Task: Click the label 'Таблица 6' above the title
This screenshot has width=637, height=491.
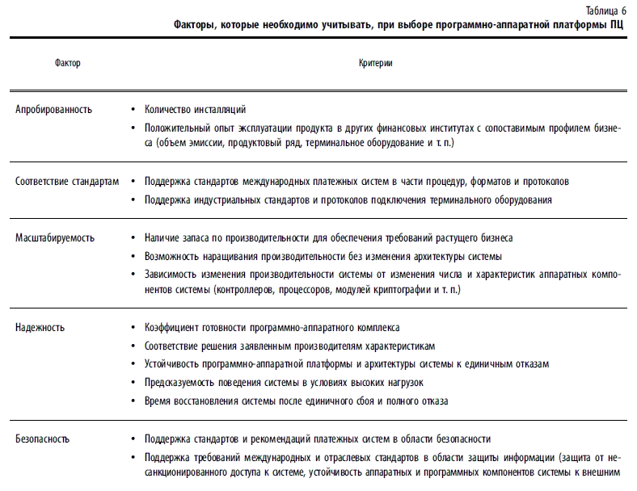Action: coord(608,10)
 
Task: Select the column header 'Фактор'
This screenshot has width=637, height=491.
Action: coord(68,62)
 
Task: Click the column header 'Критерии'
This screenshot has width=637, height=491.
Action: coord(376,62)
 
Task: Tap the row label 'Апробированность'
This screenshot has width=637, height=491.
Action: coord(54,109)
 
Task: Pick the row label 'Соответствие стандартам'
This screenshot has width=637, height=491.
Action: coord(67,181)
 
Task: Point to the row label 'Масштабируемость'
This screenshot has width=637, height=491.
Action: coord(55,238)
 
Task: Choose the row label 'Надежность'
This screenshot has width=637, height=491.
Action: coord(40,328)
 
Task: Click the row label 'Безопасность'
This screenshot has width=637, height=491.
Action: coord(43,439)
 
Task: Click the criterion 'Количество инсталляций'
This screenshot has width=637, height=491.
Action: coord(195,109)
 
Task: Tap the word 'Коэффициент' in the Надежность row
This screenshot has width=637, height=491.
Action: coord(174,328)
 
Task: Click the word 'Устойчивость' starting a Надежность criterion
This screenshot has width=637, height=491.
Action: coord(172,364)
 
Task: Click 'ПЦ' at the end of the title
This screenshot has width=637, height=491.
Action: coord(617,25)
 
